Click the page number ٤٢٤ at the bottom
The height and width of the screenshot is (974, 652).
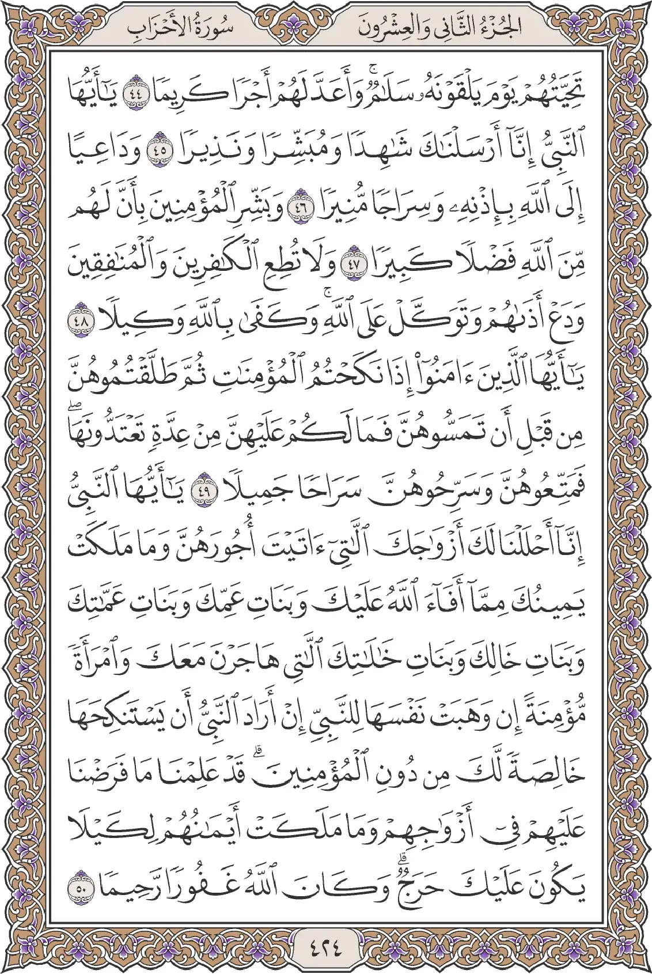point(326,946)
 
